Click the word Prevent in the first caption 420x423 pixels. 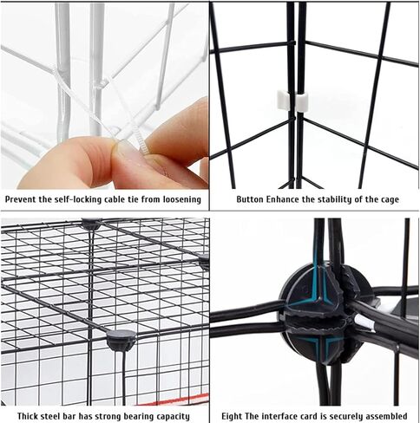[x=23, y=199]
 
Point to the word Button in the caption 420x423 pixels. [x=251, y=199]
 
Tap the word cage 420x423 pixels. [x=389, y=199]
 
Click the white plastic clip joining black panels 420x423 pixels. [x=292, y=101]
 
